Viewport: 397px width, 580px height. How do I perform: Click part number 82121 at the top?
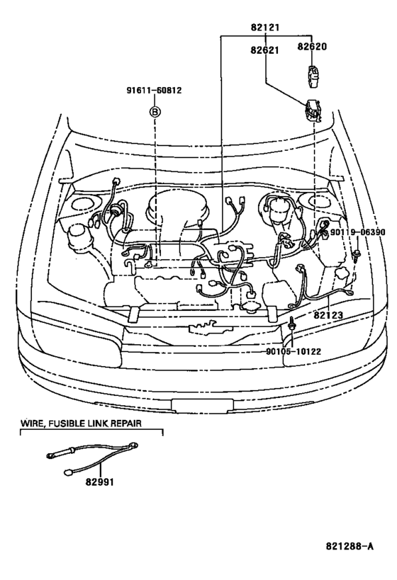click(x=265, y=27)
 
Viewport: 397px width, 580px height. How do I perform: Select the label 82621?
click(x=264, y=50)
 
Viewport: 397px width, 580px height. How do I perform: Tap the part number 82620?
click(x=312, y=47)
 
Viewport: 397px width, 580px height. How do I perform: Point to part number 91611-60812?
click(x=154, y=90)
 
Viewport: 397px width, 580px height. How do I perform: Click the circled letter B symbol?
click(x=155, y=112)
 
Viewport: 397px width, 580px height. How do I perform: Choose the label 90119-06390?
click(x=357, y=232)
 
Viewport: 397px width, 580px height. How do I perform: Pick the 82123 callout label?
click(x=328, y=315)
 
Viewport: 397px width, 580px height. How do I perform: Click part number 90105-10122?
click(x=293, y=351)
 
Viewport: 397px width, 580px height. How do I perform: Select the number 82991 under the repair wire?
click(x=100, y=482)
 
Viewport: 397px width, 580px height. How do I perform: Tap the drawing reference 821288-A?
click(x=350, y=546)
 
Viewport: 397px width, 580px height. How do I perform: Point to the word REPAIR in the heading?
click(x=125, y=423)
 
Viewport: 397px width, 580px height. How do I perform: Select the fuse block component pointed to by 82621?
click(x=312, y=110)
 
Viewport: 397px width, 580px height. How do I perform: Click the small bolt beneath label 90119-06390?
click(x=357, y=255)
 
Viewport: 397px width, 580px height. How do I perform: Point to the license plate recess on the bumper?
click(x=202, y=405)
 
